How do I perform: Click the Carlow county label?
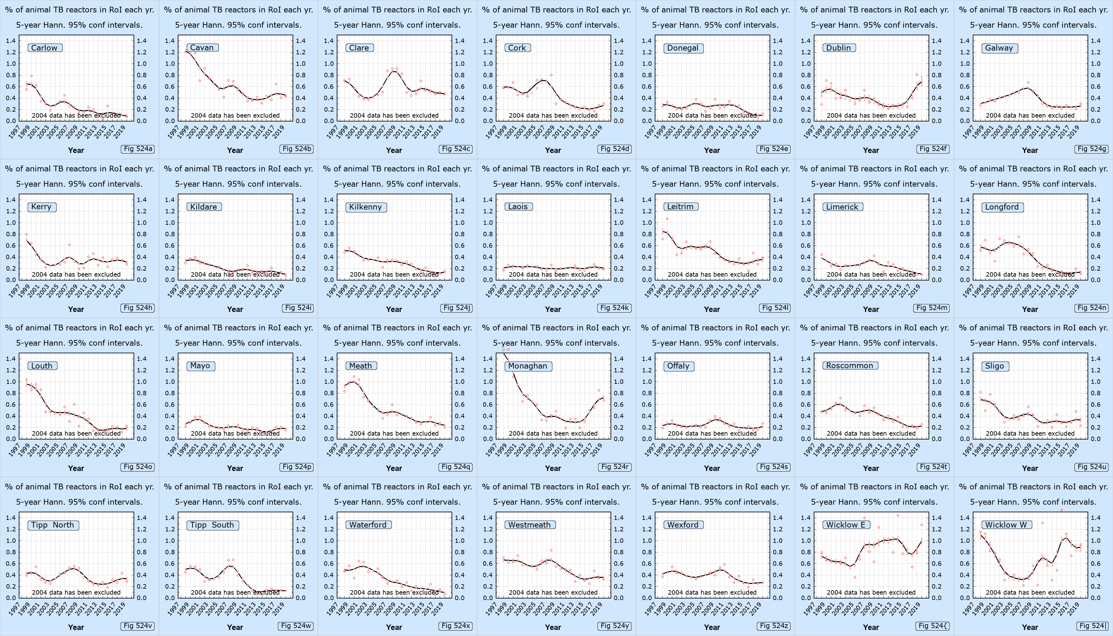[45, 48]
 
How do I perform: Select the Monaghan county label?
[528, 366]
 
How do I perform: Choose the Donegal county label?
[683, 48]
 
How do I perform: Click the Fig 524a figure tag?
[138, 149]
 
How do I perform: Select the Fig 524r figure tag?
[615, 467]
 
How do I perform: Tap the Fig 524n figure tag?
[1092, 308]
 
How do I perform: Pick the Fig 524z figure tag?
[774, 626]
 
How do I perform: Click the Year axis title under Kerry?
[76, 309]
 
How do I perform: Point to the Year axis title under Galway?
[1030, 150]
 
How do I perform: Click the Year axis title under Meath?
[394, 468]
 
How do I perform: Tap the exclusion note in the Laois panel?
[553, 274]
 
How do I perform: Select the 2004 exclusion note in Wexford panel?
[712, 592]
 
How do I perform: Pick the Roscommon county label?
[850, 366]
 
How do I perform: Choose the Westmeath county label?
[529, 525]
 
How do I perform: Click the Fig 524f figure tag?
[933, 149]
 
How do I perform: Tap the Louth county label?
[42, 366]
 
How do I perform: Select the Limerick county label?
[842, 207]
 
